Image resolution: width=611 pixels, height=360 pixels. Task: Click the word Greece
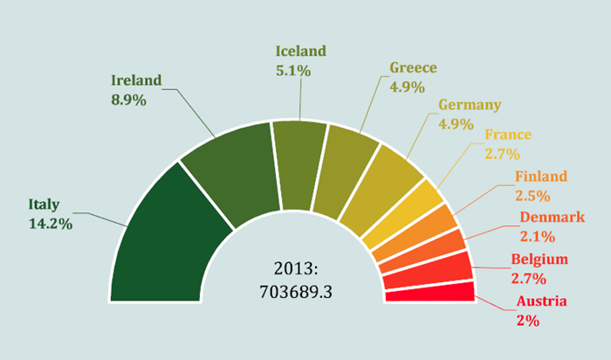click(414, 68)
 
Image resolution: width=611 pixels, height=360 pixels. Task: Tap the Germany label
click(470, 105)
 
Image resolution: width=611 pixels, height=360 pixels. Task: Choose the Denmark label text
click(553, 217)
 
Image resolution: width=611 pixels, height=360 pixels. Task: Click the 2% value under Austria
click(527, 321)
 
